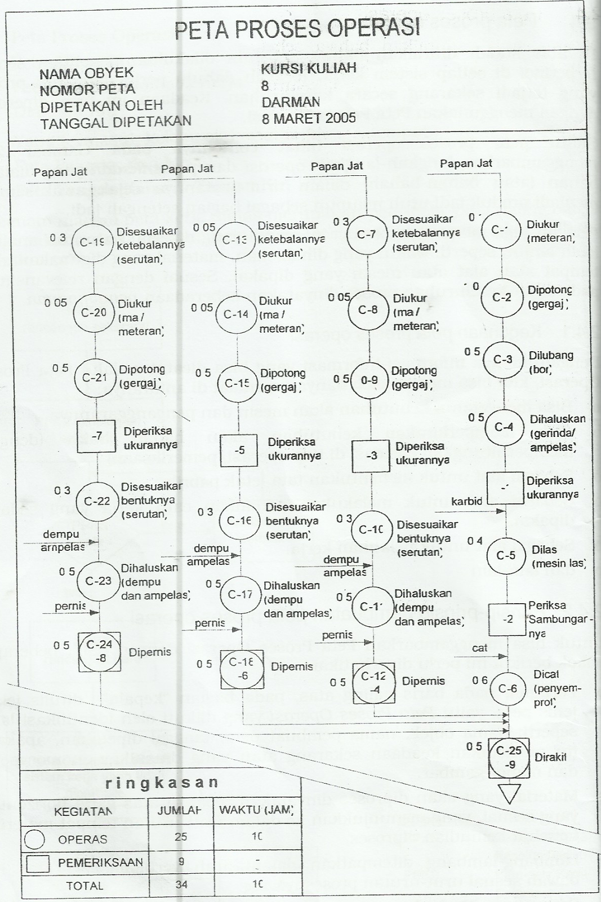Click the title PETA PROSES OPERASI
[297, 29]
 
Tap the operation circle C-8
[367, 310]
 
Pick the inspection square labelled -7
[96, 436]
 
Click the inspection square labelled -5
[239, 450]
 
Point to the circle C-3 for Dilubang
[502, 360]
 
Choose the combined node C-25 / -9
[509, 758]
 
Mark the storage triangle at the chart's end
[510, 792]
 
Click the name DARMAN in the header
[291, 103]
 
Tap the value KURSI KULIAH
[308, 69]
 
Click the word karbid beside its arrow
[466, 501]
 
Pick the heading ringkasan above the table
[161, 782]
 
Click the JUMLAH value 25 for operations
[181, 837]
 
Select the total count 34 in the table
[181, 885]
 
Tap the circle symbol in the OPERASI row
[35, 839]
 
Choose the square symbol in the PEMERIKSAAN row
[37, 863]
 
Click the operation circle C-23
[98, 581]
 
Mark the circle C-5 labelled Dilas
[506, 555]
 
